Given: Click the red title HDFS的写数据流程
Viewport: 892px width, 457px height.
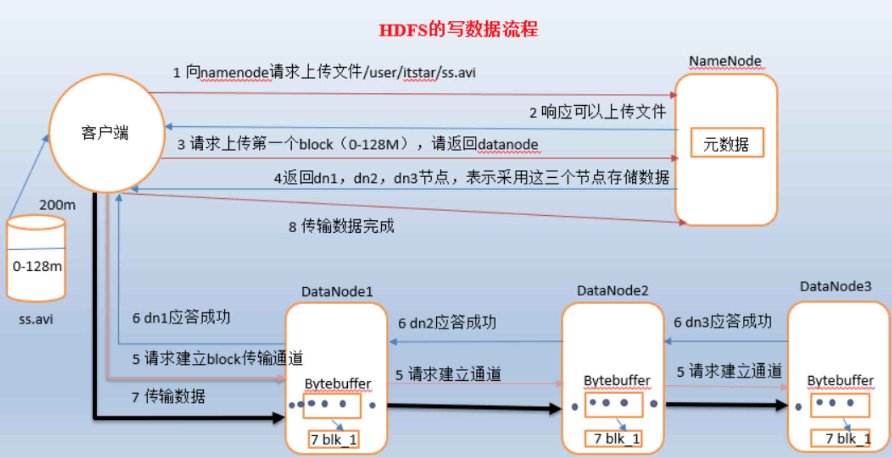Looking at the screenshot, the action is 458,30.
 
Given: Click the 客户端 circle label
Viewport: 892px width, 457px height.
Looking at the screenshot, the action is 105,133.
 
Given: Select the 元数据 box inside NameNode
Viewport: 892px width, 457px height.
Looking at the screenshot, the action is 727,143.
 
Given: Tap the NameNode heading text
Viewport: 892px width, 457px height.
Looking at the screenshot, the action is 725,61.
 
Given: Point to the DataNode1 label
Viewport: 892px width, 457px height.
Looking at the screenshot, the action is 337,291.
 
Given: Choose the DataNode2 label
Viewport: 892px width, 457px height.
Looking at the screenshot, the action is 613,290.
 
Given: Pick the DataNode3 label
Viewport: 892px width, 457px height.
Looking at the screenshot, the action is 836,286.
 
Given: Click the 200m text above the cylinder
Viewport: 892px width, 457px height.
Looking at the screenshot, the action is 57,205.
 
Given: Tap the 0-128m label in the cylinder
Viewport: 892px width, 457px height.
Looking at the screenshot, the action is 37,266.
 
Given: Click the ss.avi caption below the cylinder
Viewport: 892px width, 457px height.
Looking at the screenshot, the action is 36,319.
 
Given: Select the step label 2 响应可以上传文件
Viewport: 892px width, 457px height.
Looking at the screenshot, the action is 598,112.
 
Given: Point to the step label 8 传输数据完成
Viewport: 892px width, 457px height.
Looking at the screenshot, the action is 341,226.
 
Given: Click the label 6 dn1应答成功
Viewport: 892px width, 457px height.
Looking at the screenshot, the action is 181,317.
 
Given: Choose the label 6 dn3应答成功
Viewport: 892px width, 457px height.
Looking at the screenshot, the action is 723,321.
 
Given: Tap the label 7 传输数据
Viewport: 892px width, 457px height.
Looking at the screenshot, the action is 168,396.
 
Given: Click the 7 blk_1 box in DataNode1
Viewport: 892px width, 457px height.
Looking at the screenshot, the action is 333,440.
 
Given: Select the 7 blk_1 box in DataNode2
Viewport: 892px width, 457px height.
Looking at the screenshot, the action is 613,439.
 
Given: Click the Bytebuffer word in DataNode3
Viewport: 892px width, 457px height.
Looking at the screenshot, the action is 841,380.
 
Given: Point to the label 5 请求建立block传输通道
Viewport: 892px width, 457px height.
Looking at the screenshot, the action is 218,358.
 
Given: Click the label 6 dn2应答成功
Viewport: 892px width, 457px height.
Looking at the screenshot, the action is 447,323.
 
